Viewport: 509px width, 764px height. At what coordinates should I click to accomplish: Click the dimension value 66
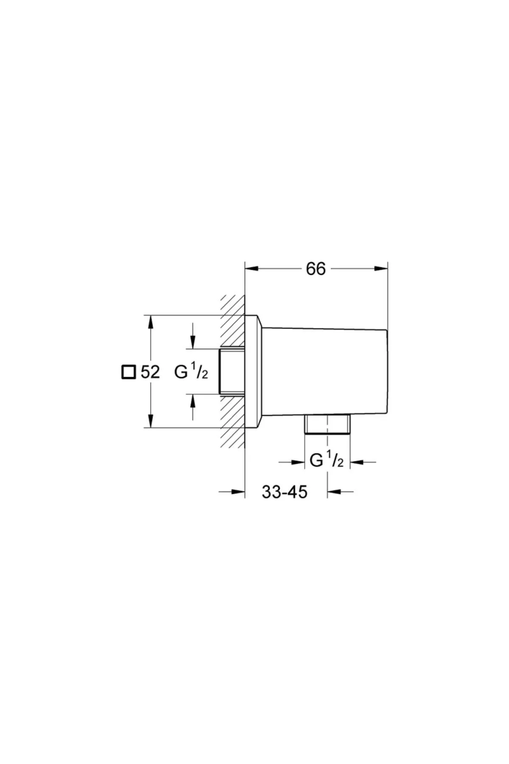pyautogui.click(x=316, y=269)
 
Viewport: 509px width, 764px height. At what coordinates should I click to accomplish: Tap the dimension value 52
pyautogui.click(x=151, y=372)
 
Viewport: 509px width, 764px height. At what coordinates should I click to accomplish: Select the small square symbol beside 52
pyautogui.click(x=128, y=372)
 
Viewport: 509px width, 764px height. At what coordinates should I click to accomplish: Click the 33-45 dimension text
pyautogui.click(x=284, y=492)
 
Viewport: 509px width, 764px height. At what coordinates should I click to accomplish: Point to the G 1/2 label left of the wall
pyautogui.click(x=191, y=372)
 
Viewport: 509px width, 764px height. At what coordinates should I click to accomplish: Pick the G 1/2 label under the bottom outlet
pyautogui.click(x=327, y=461)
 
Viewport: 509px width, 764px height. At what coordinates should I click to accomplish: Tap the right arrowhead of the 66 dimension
pyautogui.click(x=381, y=268)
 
